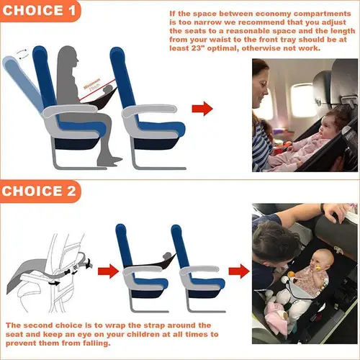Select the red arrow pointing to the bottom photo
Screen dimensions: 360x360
(x=235, y=272)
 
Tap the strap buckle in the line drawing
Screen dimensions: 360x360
(x=55, y=282)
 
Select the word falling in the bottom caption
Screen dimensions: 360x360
(x=97, y=346)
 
